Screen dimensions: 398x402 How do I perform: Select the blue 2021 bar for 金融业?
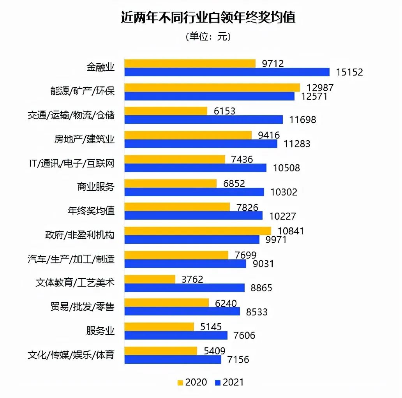click(x=227, y=72)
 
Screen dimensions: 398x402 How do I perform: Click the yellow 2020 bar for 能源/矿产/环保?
click(x=212, y=87)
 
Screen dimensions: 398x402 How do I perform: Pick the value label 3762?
click(x=192, y=279)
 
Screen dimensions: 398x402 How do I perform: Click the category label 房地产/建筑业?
click(x=85, y=139)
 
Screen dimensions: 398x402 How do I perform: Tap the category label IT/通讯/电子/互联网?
click(x=72, y=163)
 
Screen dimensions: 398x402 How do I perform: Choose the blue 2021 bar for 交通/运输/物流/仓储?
click(x=203, y=120)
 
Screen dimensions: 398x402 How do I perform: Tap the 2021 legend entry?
click(x=229, y=382)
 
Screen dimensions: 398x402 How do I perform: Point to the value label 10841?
click(x=291, y=231)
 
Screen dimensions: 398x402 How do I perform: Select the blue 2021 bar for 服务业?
click(x=176, y=335)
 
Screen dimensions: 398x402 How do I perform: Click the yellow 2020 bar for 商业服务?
click(x=170, y=183)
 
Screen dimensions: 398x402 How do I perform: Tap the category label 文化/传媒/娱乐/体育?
click(x=71, y=355)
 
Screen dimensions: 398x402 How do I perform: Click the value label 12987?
click(x=320, y=88)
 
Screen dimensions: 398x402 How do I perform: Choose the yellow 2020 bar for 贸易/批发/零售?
click(x=167, y=303)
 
